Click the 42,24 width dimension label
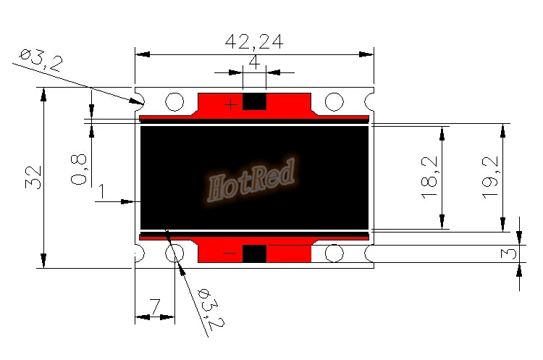[x=254, y=42]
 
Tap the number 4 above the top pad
[x=255, y=63]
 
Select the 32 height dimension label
[x=33, y=177]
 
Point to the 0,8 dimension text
[x=80, y=169]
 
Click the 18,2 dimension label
[x=429, y=177]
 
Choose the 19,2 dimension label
[x=490, y=177]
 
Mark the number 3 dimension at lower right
[x=508, y=254]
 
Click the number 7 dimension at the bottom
[x=154, y=306]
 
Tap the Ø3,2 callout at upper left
[x=41, y=60]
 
